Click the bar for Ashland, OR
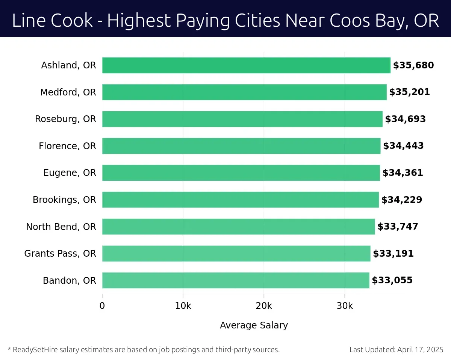pos(246,65)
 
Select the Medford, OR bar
pos(244,92)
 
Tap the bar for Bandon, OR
pos(236,280)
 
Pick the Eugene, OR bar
pos(241,173)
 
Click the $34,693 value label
pos(405,119)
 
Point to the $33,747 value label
pos(398,227)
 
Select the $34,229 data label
pos(402,200)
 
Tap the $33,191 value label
pos(393,254)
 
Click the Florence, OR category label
pos(67,146)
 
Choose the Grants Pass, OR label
pos(60,254)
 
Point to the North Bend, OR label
pos(61,227)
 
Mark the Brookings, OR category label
pos(64,200)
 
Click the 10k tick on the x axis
pos(183,306)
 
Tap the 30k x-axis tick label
pos(345,306)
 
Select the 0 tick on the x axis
pos(102,306)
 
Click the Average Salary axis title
pos(254,325)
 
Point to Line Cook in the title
pos(52,21)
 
